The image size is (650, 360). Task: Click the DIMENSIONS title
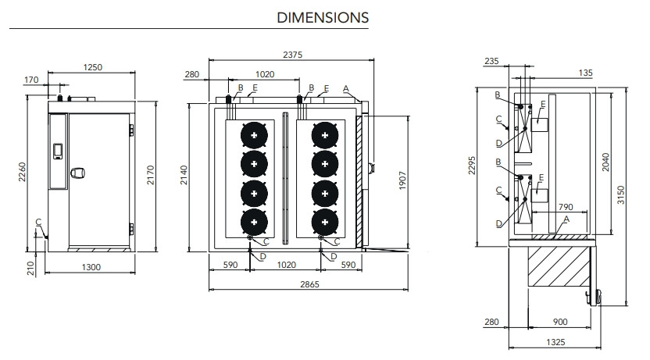[323, 16]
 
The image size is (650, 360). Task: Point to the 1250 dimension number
[92, 68]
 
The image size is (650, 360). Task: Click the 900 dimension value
[559, 322]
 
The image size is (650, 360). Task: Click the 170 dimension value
[31, 79]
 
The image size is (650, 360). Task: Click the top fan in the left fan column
[253, 135]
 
